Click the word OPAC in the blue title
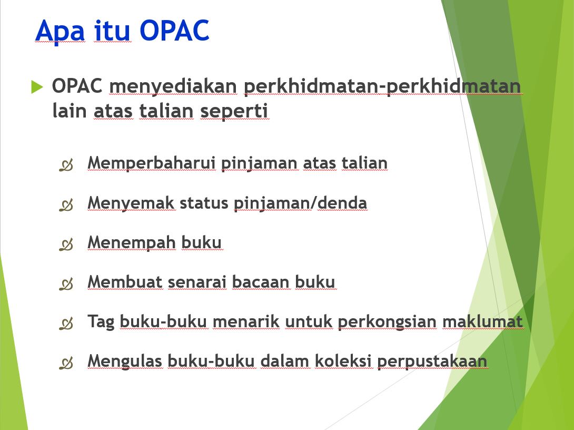(174, 31)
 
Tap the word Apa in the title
(60, 32)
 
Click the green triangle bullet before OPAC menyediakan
(37, 87)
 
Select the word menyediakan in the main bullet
(173, 87)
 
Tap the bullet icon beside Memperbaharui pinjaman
(66, 165)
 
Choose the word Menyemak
(131, 203)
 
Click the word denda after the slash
(342, 202)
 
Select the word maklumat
(482, 321)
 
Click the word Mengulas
(124, 361)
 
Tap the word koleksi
(343, 361)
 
